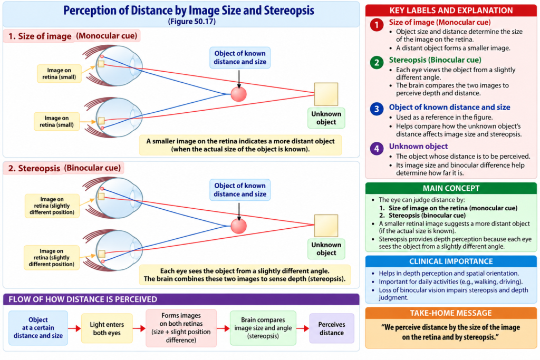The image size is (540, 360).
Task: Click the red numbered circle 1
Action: pos(377,25)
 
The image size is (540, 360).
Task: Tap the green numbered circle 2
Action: pos(377,62)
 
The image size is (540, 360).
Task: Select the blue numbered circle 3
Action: pos(377,109)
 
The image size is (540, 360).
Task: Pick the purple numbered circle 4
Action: pos(377,149)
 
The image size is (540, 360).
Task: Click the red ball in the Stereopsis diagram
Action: pos(239,226)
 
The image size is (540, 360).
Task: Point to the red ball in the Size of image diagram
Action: pos(239,94)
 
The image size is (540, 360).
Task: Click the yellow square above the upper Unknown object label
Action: pos(326,94)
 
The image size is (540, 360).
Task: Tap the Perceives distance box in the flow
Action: pos(332,328)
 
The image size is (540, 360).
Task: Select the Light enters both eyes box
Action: pos(107,328)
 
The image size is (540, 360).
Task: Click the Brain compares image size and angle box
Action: pos(263,328)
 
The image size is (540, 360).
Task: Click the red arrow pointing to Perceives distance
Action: pos(303,328)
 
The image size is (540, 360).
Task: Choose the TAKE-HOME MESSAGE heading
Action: pos(451,313)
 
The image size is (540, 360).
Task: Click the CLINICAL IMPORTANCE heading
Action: pos(451,261)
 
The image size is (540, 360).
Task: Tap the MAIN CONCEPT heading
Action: pos(451,188)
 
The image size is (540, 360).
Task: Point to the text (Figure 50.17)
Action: pos(192,21)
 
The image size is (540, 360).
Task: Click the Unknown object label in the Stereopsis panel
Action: pos(326,249)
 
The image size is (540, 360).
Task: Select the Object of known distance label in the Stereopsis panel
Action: pos(240,190)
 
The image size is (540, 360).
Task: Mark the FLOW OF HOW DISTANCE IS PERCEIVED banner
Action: pos(181,299)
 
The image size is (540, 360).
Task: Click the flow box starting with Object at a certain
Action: pos(38,328)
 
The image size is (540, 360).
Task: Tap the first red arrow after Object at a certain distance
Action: pos(74,328)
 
